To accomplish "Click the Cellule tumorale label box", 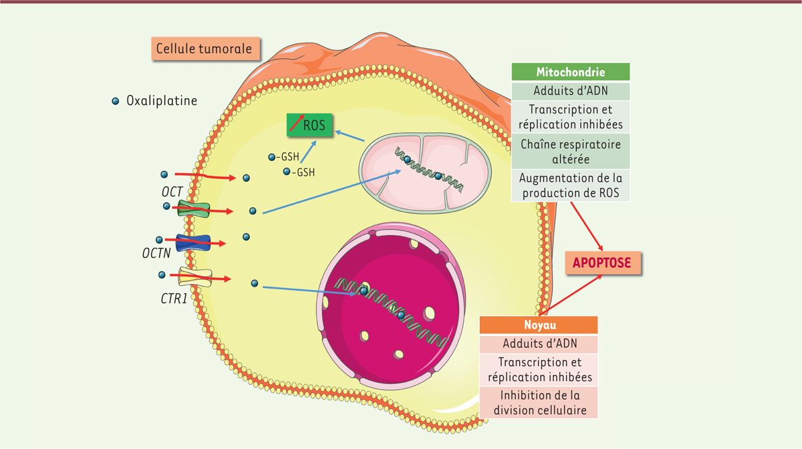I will (x=205, y=49).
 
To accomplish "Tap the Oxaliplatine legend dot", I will (x=116, y=101).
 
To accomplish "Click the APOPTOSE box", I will (x=602, y=263).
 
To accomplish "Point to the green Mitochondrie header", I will (x=571, y=72).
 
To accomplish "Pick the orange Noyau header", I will (x=539, y=325).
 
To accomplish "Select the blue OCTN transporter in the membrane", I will (x=192, y=242).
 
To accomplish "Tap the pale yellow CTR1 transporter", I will (x=194, y=275).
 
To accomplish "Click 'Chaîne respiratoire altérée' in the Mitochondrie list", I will (x=571, y=152).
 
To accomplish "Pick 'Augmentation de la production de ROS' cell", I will (x=571, y=186).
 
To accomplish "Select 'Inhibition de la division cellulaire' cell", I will (x=539, y=403).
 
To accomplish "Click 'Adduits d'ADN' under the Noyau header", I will (x=539, y=345).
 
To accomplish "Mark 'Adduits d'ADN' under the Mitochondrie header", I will (x=571, y=91).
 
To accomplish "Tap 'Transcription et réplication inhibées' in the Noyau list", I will (x=539, y=369).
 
